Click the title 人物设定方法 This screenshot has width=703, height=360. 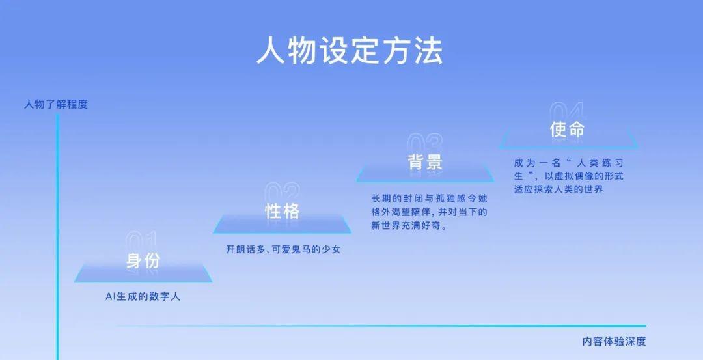point(350,51)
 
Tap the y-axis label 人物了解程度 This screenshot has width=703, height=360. point(56,104)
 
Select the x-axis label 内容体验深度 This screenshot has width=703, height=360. point(614,341)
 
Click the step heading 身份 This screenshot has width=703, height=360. point(143,260)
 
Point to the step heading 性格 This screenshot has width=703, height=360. point(282,211)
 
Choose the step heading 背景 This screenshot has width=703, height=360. point(425,162)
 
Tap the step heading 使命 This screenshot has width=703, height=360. point(567,130)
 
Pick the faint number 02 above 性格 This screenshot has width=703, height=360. point(282,192)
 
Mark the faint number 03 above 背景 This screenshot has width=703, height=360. point(424,143)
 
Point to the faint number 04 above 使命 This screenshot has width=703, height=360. point(567,111)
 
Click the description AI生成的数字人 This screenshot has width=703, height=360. point(143,297)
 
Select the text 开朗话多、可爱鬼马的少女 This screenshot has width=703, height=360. point(283,249)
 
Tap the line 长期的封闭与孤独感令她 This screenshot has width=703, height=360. point(429,198)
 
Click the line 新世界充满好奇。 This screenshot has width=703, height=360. point(409,225)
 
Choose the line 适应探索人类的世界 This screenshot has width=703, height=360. point(558,189)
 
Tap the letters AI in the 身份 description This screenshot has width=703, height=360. point(110,297)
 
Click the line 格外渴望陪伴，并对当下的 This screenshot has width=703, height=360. point(429,212)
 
